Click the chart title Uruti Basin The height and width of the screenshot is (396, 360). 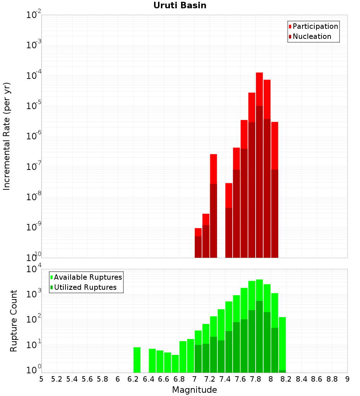coord(180,5)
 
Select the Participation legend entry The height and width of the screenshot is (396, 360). coord(315,26)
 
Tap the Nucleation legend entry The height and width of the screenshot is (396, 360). coord(311,36)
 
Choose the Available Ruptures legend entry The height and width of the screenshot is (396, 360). coord(87,277)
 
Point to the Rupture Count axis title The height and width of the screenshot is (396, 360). coord(14,321)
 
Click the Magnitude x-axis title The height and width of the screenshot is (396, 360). coord(194,390)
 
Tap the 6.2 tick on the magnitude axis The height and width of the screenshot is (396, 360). coord(133,379)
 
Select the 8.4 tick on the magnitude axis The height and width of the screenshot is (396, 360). coord(302,379)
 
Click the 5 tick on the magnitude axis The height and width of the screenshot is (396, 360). coord(41,379)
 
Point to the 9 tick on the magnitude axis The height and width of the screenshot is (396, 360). coord(347,379)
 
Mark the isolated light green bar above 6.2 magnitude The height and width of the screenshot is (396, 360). coord(137,360)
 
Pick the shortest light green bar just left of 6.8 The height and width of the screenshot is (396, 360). coord(175,364)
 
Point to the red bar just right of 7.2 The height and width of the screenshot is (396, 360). coord(213,169)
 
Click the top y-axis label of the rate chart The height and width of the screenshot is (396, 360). coord(34,15)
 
